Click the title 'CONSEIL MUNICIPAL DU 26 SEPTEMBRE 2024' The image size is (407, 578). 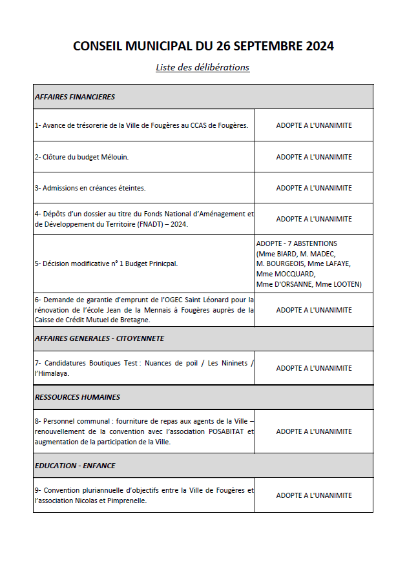[x=203, y=46]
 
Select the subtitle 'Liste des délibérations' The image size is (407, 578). [x=202, y=67]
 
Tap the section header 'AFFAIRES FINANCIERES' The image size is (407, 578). [x=74, y=97]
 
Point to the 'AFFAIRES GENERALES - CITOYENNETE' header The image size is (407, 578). [x=99, y=338]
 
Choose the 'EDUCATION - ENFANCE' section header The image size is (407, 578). [x=75, y=466]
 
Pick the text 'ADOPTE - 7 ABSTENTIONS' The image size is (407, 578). [x=297, y=243]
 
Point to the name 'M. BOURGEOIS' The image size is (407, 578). [x=280, y=263]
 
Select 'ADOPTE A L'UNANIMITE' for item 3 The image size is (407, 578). [x=314, y=188]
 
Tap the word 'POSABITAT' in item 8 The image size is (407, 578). [x=228, y=431]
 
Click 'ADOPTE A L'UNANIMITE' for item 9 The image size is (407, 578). [x=314, y=495]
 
